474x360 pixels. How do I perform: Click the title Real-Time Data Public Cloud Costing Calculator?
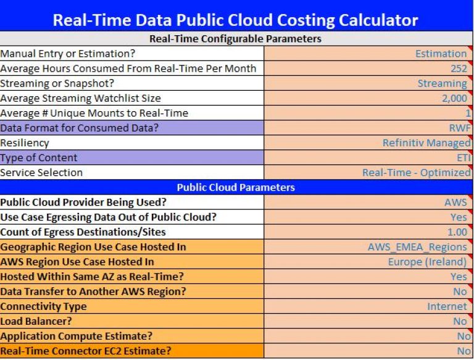point(235,20)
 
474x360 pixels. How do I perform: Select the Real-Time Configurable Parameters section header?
point(235,39)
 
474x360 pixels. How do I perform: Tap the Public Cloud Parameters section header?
point(236,187)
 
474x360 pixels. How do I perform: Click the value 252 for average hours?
point(459,69)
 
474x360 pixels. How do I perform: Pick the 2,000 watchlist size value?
point(454,98)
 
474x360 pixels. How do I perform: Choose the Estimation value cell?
point(441,54)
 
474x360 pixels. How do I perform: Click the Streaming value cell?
point(443,83)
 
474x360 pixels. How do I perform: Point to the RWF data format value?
point(460,128)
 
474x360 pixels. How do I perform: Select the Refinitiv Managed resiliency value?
point(426,143)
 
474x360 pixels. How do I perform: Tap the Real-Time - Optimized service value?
point(417,172)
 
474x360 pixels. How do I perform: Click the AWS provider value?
point(455,202)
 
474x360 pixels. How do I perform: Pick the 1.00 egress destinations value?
point(457,232)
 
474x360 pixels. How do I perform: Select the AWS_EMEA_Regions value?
point(417,247)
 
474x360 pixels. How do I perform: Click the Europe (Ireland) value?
point(428,262)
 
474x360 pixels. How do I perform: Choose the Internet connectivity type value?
point(447,306)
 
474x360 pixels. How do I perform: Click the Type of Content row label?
point(39,157)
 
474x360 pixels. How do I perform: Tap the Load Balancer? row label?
point(36,321)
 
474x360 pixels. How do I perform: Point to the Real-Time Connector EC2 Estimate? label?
point(86,351)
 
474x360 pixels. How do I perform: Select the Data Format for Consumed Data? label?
point(79,128)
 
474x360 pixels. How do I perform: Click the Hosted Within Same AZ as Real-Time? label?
point(92,277)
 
